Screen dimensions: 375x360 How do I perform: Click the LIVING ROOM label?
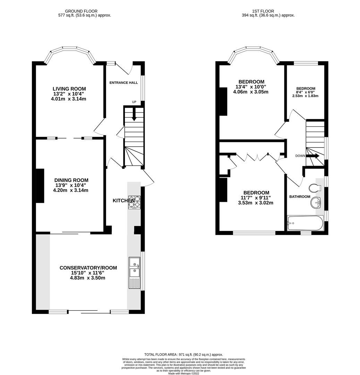click(69, 89)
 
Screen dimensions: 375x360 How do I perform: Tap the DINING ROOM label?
click(71, 180)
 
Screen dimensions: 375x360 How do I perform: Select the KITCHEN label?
click(123, 201)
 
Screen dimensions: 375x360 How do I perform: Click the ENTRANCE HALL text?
click(123, 83)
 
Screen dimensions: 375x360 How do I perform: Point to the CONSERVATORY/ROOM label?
click(88, 268)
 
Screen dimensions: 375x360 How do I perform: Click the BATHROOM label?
click(300, 197)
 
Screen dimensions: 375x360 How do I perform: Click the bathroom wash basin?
click(317, 202)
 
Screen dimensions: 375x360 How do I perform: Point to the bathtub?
click(305, 223)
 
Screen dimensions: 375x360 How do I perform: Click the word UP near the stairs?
click(134, 102)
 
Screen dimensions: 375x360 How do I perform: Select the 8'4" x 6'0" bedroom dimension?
click(305, 92)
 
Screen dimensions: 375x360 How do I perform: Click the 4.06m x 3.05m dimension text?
click(251, 92)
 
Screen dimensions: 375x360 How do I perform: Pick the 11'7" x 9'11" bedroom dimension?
click(256, 198)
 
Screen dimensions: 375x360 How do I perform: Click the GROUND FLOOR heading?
click(81, 11)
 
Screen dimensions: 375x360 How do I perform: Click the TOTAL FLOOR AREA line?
click(184, 354)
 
